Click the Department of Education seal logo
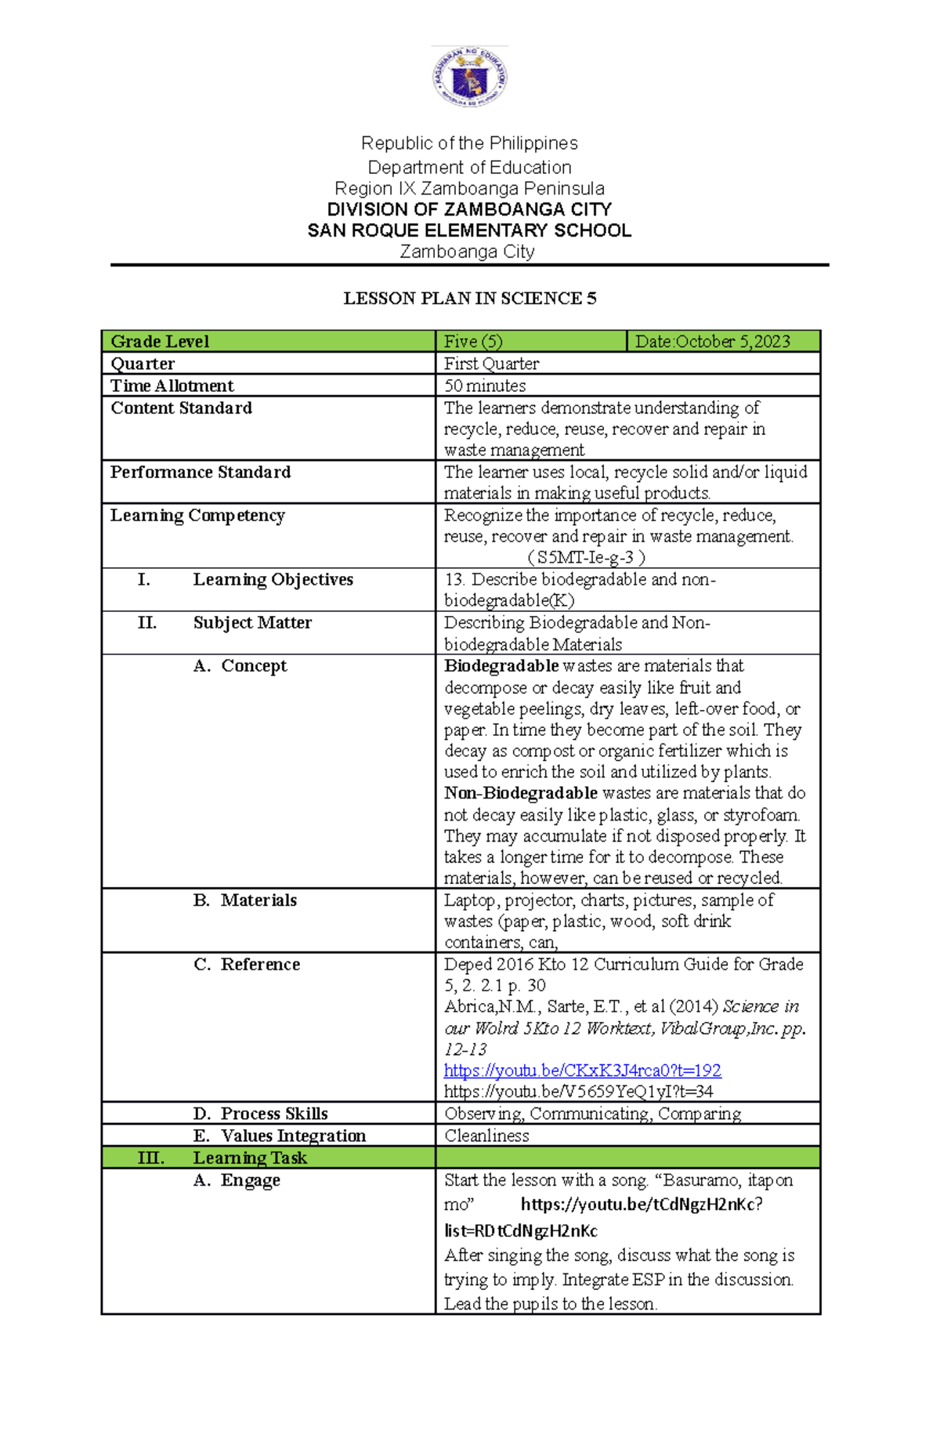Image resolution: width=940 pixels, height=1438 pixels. [x=470, y=77]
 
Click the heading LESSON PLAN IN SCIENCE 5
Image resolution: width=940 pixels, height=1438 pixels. [x=470, y=299]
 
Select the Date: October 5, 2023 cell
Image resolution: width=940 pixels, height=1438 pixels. [x=712, y=342]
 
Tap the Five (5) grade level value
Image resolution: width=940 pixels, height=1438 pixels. [x=473, y=342]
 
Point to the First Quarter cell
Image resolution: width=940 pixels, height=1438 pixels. [x=491, y=364]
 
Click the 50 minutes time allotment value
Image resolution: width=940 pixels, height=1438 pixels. [x=485, y=386]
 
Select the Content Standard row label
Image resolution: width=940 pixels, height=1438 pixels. [x=181, y=408]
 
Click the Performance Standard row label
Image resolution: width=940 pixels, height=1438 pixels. [x=201, y=473]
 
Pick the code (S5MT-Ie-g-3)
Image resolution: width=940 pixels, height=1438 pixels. [x=587, y=557]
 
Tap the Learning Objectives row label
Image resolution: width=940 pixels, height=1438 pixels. [x=273, y=580]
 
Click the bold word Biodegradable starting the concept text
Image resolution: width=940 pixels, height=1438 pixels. [x=501, y=666]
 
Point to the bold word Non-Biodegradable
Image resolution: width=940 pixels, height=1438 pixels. [x=521, y=793]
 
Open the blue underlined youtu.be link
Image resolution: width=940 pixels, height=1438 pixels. [x=582, y=1070]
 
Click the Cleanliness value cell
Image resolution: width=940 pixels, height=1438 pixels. [x=486, y=1136]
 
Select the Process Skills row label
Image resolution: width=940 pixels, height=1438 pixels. [x=273, y=1114]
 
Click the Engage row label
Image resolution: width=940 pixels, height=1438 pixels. [x=250, y=1180]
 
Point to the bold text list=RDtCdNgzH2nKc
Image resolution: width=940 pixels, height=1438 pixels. [x=520, y=1231]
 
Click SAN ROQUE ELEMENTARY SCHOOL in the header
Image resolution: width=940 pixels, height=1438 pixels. [x=469, y=230]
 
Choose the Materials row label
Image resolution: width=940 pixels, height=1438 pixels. [x=258, y=900]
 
